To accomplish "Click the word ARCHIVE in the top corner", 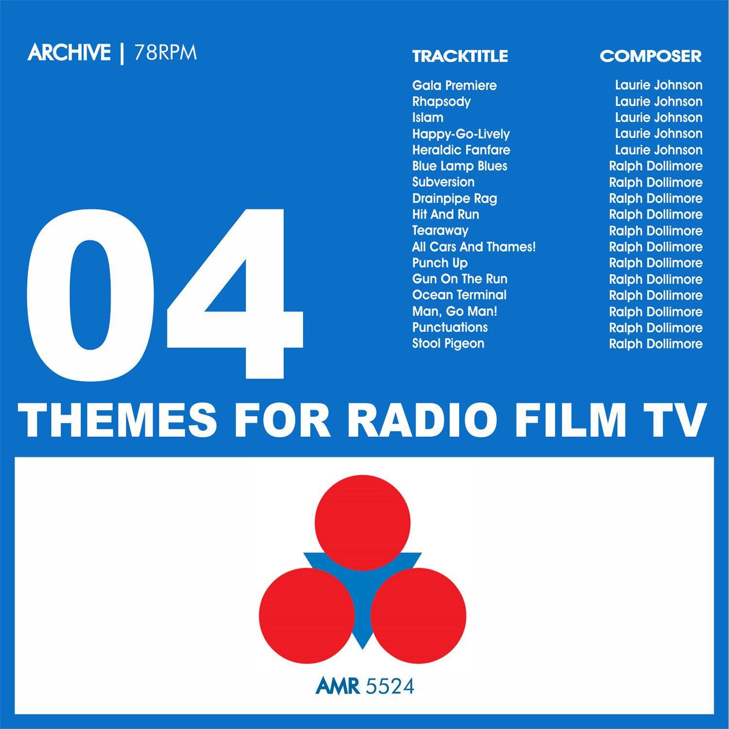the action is tap(69, 53).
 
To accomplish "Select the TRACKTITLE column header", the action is tap(460, 56).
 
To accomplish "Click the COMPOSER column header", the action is tap(651, 56).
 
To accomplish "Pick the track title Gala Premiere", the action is tap(454, 86).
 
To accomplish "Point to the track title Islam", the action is tap(428, 118).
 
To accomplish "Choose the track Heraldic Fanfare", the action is tap(461, 150).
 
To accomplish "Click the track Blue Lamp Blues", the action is tap(460, 166).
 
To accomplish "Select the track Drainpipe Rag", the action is tap(454, 198).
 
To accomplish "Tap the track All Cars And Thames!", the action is tap(474, 247).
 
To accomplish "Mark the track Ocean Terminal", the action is tap(459, 295).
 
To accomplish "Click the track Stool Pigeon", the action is tap(448, 344).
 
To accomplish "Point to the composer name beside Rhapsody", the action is tap(659, 102).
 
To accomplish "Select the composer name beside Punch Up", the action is tap(656, 263).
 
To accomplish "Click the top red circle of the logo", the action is tap(363, 522).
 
